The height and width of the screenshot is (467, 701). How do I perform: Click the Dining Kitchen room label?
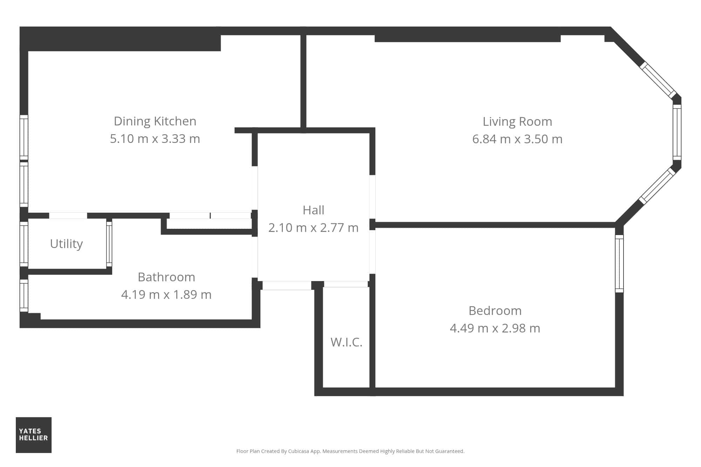point(155,121)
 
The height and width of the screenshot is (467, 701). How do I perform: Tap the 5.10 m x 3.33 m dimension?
point(155,139)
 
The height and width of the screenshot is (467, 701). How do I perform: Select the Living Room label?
point(517,122)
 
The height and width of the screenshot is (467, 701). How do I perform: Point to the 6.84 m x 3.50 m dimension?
point(517,139)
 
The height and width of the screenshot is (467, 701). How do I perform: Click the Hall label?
point(313,210)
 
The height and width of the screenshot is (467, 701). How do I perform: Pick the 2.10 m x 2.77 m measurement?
point(313,228)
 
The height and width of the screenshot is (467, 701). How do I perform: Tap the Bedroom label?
point(495,311)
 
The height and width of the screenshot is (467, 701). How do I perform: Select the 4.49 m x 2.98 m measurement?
point(495,328)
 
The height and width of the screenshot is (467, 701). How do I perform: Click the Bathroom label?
point(166,277)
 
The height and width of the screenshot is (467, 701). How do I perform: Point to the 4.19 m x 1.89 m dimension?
point(166,295)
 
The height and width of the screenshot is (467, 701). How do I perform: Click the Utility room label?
point(66,244)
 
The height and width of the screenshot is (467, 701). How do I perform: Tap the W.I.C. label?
point(346,342)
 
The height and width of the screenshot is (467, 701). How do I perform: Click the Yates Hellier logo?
point(34,435)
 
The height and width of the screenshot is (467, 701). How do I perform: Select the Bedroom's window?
point(619,263)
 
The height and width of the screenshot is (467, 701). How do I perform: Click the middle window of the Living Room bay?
point(677,132)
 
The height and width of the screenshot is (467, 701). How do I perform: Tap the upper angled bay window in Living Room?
point(658,80)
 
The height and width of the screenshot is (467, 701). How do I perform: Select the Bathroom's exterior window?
point(24,295)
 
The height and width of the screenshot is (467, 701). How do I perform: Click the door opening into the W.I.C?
point(346,284)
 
